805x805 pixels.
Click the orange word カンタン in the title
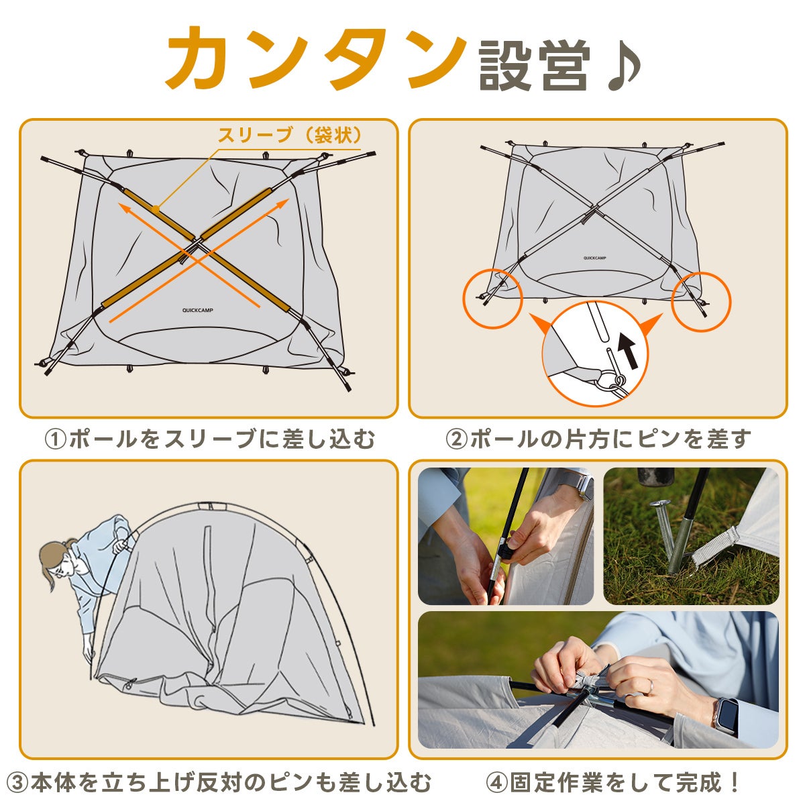(x=316, y=58)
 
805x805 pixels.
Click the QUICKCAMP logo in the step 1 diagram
(x=198, y=311)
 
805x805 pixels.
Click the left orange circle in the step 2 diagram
(x=492, y=299)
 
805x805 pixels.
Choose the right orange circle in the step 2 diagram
(x=701, y=302)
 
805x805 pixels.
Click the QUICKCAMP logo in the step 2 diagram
(x=594, y=258)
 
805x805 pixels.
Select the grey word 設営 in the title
(x=535, y=66)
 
